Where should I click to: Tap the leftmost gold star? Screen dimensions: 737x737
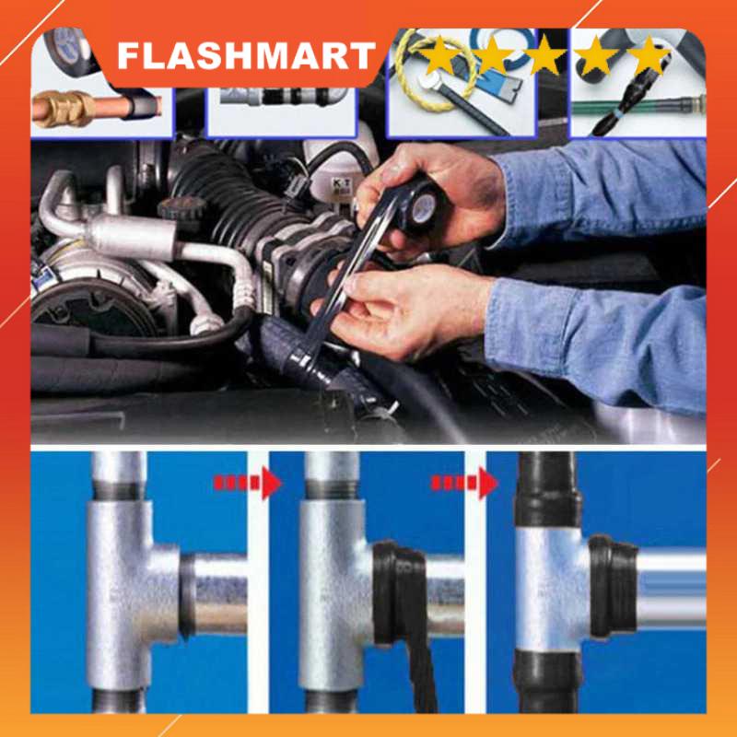coord(439,55)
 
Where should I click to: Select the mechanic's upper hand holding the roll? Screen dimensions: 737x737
coord(433,184)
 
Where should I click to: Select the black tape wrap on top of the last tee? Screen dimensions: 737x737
coord(550,493)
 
